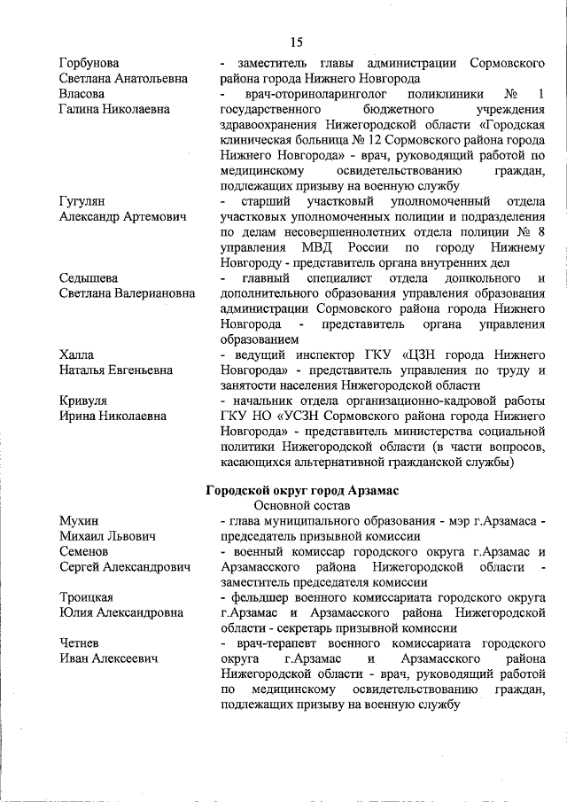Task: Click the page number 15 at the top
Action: [x=296, y=42]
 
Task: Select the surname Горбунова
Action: [x=89, y=64]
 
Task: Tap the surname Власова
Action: [x=82, y=93]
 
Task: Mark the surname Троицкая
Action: [x=86, y=597]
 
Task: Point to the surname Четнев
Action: [x=80, y=642]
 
